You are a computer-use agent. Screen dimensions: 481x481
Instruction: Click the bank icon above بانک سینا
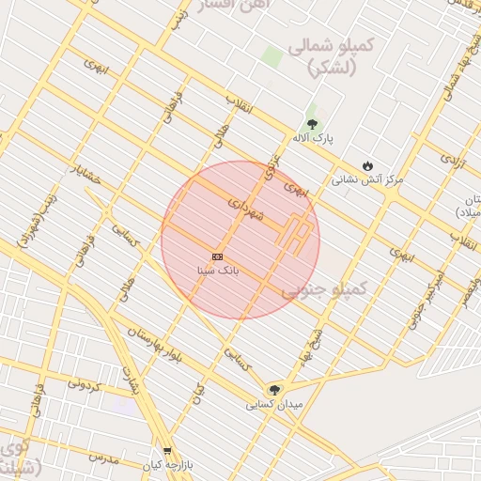pyautogui.click(x=218, y=256)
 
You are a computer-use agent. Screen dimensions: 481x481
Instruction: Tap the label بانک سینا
pyautogui.click(x=218, y=270)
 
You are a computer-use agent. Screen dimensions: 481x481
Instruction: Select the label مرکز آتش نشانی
pyautogui.click(x=367, y=178)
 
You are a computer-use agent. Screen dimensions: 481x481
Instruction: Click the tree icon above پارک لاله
pyautogui.click(x=312, y=124)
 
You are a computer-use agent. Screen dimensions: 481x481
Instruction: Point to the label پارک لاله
pyautogui.click(x=313, y=138)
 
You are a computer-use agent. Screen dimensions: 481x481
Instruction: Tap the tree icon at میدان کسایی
pyautogui.click(x=274, y=390)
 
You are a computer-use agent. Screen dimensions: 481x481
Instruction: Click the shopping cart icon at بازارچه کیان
pyautogui.click(x=167, y=452)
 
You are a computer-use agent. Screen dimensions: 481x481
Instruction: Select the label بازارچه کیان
pyautogui.click(x=167, y=465)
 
